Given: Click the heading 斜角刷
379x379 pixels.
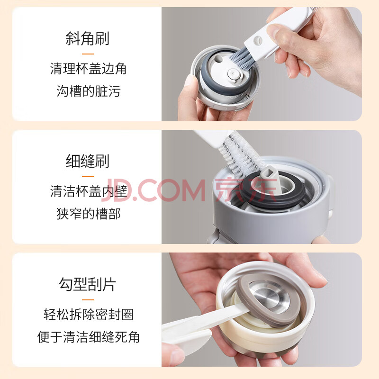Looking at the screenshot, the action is point(88,38).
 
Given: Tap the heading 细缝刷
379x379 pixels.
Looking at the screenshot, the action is point(88,161).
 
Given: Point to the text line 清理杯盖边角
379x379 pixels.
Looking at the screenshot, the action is point(88,69).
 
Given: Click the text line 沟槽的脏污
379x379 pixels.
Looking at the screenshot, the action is point(89,91).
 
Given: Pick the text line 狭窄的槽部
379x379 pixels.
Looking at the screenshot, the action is point(89,214).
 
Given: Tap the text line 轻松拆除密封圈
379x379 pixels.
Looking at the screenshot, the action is point(89,315).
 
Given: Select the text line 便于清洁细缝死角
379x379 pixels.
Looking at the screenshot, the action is point(89,337).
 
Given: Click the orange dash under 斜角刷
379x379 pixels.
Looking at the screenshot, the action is point(88,54).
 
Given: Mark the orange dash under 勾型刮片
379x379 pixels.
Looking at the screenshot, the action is point(88,300).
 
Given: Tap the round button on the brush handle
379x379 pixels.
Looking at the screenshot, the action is point(258,40).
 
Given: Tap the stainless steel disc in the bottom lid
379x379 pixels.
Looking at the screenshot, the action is point(270,296).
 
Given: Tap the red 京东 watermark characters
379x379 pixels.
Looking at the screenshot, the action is point(246,190).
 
